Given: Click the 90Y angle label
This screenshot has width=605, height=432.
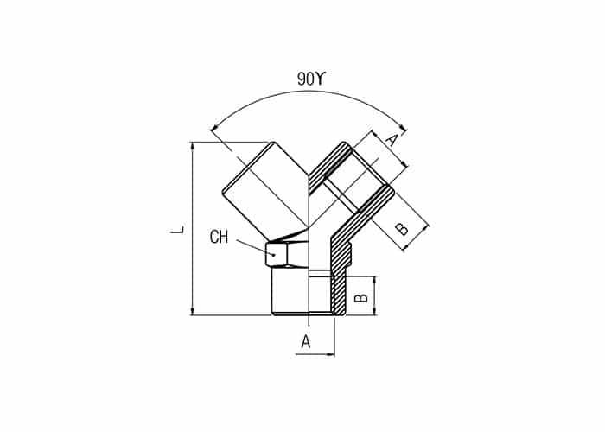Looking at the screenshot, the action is [x=312, y=79].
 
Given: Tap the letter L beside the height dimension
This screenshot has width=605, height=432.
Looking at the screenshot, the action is [x=177, y=231].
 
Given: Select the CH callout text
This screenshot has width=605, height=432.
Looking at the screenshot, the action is [x=220, y=237].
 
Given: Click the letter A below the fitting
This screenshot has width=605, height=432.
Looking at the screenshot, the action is [x=306, y=341].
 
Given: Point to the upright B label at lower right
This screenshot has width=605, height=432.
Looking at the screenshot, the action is [x=361, y=297].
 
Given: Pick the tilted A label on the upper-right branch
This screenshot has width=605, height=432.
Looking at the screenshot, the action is [x=391, y=140].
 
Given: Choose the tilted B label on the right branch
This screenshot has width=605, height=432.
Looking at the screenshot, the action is [x=402, y=228].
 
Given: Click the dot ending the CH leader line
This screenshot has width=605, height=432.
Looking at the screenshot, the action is [x=274, y=255].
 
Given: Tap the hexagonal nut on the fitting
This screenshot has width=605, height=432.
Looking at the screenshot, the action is [x=287, y=253].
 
